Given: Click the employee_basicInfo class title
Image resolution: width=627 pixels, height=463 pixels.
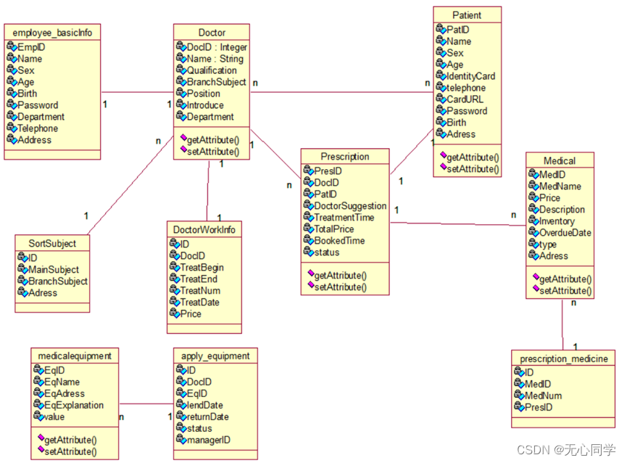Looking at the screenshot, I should (x=52, y=33).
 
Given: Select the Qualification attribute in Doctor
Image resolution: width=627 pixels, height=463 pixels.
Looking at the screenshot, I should (x=212, y=70).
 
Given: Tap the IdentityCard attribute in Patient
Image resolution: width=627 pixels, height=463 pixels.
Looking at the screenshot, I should (x=470, y=76).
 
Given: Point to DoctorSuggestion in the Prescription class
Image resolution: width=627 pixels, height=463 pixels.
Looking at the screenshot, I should (x=350, y=206).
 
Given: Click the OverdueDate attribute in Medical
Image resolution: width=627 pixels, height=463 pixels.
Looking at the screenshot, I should (x=565, y=233).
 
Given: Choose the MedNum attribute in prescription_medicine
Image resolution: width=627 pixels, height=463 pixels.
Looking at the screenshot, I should (x=543, y=396).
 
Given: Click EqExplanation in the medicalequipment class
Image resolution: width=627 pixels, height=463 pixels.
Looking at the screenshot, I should (x=74, y=405).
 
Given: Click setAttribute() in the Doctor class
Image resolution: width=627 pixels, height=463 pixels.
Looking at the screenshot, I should (x=213, y=152).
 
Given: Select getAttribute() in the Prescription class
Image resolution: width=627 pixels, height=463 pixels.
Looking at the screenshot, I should (x=340, y=276).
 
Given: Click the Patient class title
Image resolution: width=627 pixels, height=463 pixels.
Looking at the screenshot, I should (x=466, y=15).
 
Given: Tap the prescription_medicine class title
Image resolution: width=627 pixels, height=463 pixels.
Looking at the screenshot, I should (x=563, y=358).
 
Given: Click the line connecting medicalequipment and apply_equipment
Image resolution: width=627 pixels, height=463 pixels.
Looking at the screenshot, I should (x=146, y=404).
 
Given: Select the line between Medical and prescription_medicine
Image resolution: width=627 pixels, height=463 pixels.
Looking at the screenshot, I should (x=562, y=324).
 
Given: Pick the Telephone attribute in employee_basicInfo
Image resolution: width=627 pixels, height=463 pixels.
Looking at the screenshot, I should (x=38, y=128).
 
